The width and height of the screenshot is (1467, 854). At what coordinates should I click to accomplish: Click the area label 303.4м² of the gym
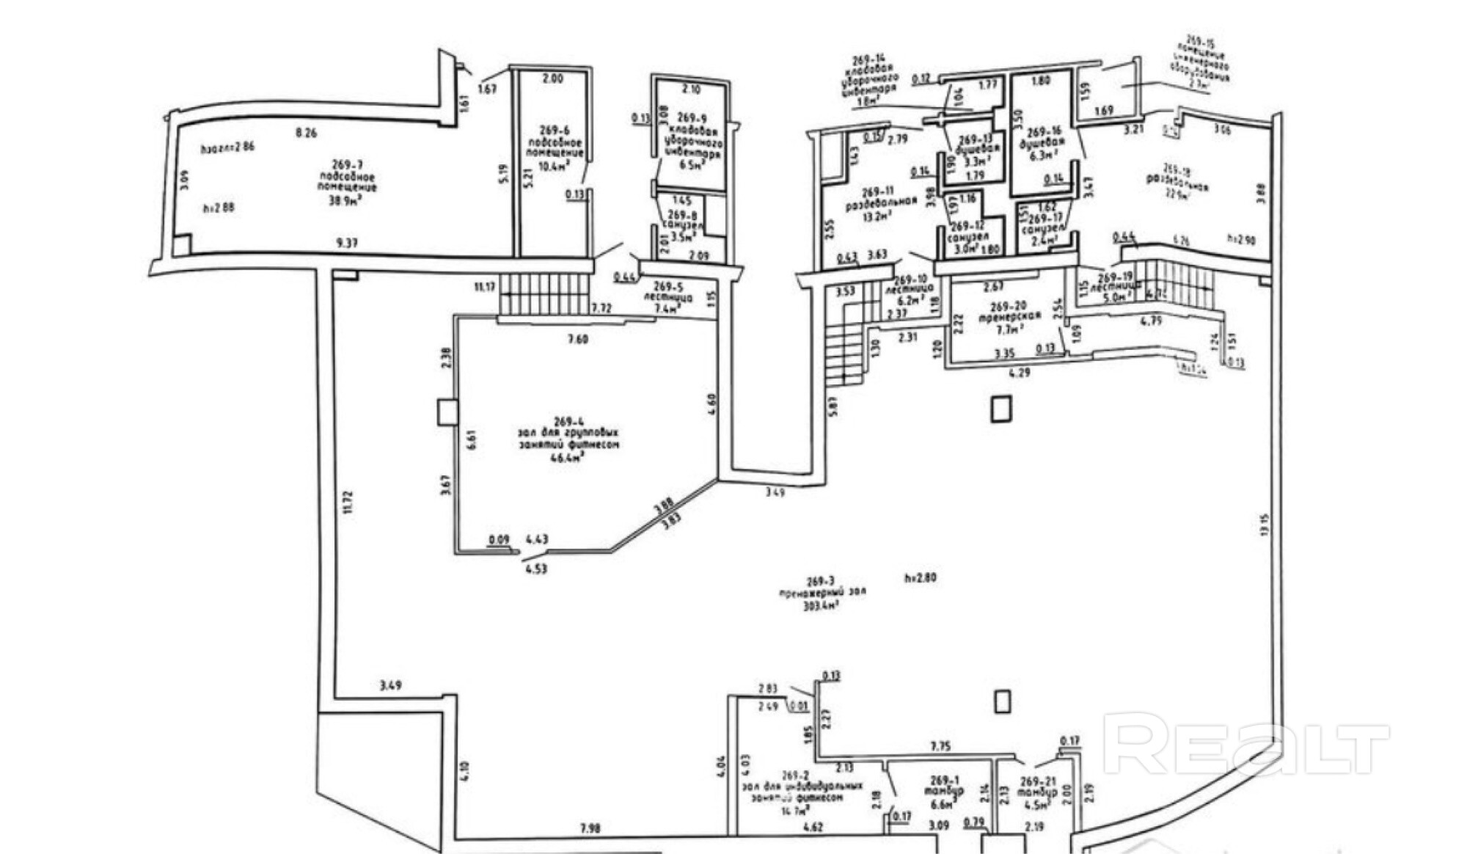coord(821,606)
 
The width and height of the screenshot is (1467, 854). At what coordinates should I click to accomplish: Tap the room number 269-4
coord(568,421)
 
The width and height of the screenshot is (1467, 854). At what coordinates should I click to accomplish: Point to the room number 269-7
coord(346,165)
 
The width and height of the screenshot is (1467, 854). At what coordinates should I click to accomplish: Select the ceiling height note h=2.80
coord(920,577)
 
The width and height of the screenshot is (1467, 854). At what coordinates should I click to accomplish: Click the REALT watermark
coord(1245,744)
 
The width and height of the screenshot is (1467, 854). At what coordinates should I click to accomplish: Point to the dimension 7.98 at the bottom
coord(589,828)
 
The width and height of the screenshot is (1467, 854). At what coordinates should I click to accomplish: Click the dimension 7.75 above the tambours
coord(940,746)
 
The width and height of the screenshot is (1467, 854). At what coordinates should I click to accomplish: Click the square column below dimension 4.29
coord(1000,409)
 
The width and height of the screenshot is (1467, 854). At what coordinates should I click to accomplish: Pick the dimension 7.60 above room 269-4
coord(577,339)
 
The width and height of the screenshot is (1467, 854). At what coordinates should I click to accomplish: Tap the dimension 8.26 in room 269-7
coord(305,133)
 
